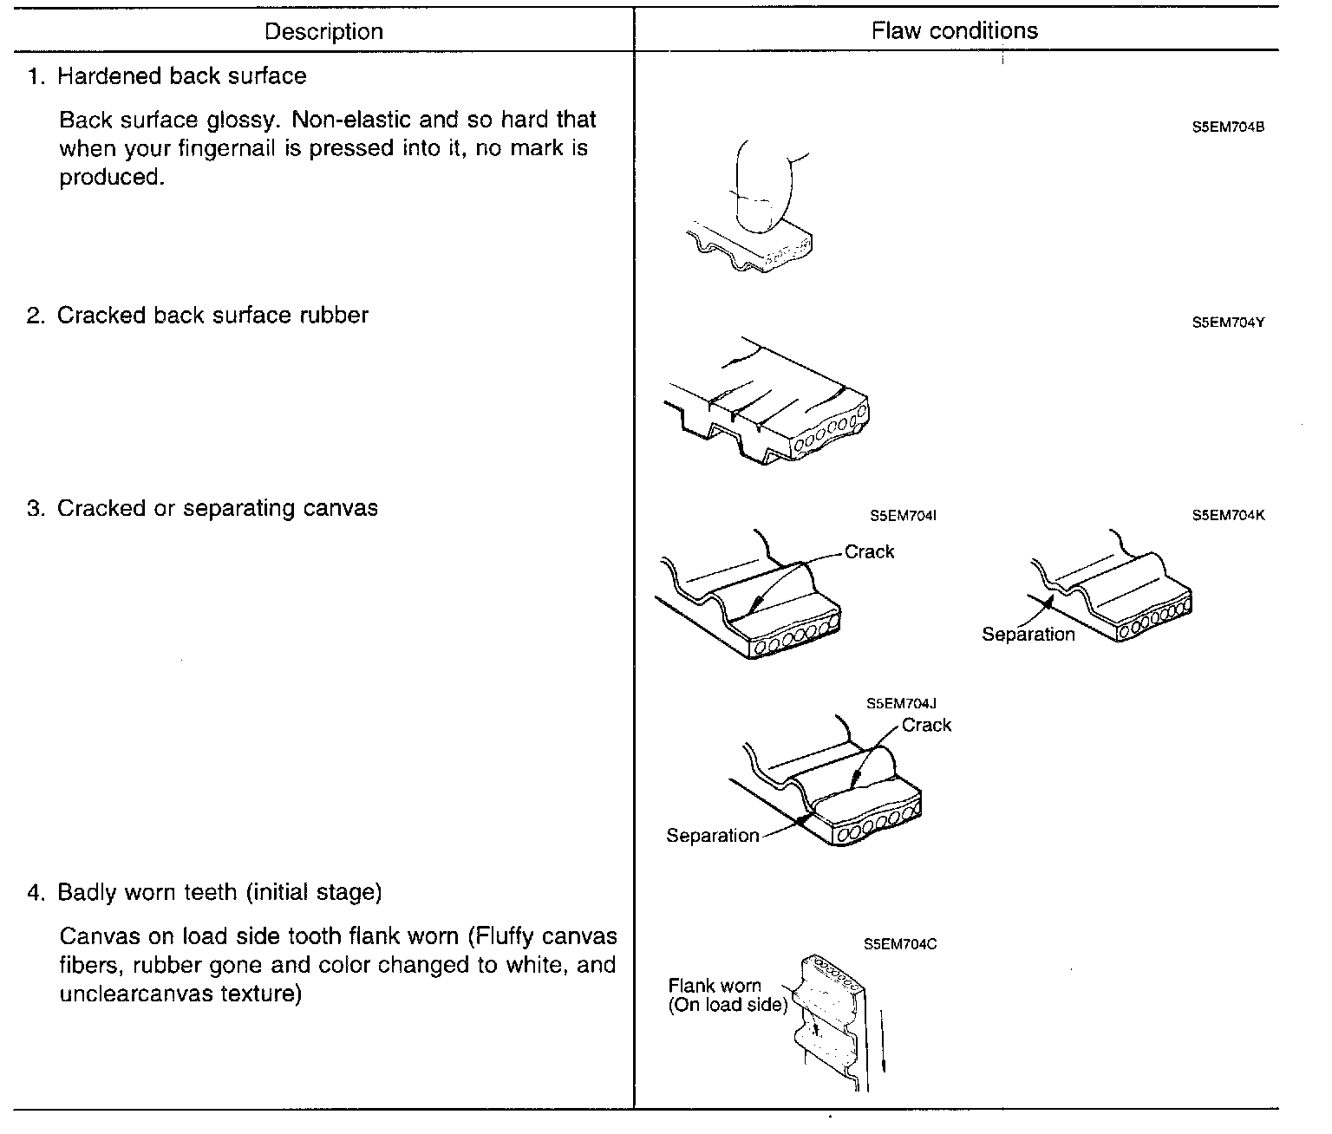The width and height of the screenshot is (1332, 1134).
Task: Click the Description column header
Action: click(x=323, y=32)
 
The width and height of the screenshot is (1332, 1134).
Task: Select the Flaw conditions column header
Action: click(x=954, y=31)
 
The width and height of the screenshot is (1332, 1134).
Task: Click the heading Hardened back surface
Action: click(x=181, y=76)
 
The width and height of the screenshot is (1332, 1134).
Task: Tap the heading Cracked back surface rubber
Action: click(x=212, y=316)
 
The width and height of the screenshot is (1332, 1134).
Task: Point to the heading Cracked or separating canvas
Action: click(x=217, y=508)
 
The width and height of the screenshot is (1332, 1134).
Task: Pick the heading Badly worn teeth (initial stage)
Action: click(x=219, y=892)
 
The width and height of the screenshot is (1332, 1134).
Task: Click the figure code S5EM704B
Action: click(x=1228, y=127)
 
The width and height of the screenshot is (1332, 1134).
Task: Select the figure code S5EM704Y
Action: click(x=1228, y=323)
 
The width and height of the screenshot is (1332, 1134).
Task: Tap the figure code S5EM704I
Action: click(x=903, y=516)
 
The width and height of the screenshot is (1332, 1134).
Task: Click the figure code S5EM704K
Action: click(x=1228, y=515)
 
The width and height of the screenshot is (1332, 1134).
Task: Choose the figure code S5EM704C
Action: click(x=900, y=944)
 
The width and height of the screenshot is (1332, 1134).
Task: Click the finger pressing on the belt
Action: click(x=763, y=186)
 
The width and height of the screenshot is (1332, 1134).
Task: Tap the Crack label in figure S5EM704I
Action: click(x=869, y=552)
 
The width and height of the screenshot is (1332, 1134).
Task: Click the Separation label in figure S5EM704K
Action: click(x=1028, y=635)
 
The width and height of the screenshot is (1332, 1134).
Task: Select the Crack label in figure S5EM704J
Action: click(x=926, y=726)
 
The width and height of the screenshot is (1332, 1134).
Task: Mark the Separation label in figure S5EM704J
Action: click(x=712, y=836)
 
